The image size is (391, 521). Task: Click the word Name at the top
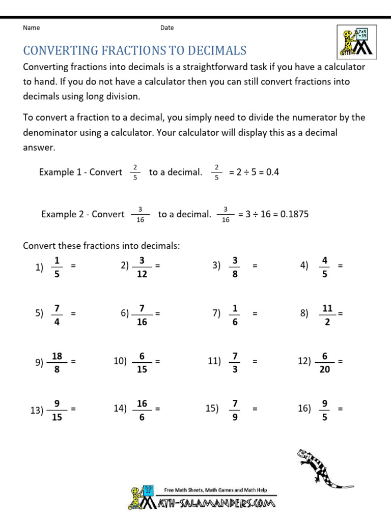pos(32,28)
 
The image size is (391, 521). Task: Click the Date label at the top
pos(167,28)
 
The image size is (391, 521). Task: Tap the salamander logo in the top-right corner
pos(356,41)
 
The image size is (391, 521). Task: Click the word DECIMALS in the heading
pos(213,50)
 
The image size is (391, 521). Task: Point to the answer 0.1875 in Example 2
pos(294,214)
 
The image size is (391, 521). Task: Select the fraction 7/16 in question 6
pos(142,314)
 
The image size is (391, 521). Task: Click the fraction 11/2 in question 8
pos(327,314)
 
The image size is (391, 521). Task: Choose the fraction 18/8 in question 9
pos(57,362)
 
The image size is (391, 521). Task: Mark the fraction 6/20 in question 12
pos(325,362)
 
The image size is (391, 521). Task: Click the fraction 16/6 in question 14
pos(142,410)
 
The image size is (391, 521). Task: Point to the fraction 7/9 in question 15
pos(235,410)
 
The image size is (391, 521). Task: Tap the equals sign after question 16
pos(340,409)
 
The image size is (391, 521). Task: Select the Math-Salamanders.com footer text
pos(214,503)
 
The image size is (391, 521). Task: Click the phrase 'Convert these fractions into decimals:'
pos(102,246)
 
